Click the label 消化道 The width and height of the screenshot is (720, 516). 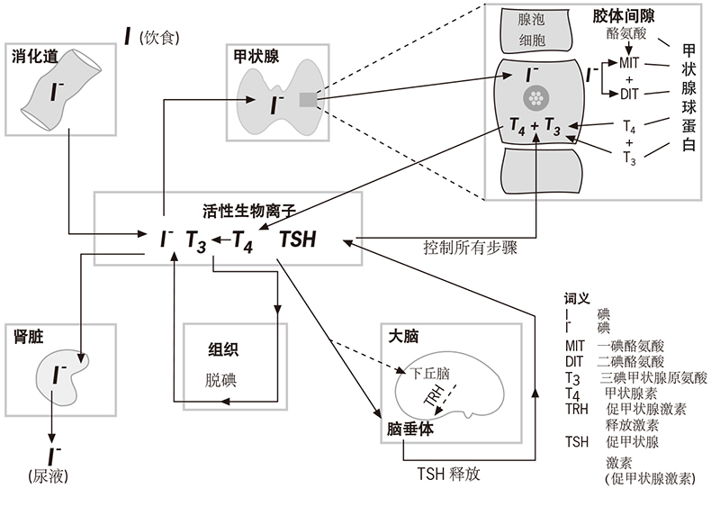click(x=35, y=56)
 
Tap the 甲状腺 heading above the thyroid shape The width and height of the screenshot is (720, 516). click(x=256, y=56)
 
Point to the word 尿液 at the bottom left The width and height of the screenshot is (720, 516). click(x=49, y=474)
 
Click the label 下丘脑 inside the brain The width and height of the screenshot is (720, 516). click(x=431, y=371)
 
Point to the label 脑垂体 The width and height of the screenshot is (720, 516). click(x=410, y=429)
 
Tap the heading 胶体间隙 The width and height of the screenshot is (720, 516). click(x=625, y=16)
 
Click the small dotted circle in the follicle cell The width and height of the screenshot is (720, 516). click(x=537, y=96)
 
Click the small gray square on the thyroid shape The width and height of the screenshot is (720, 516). click(x=308, y=99)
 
